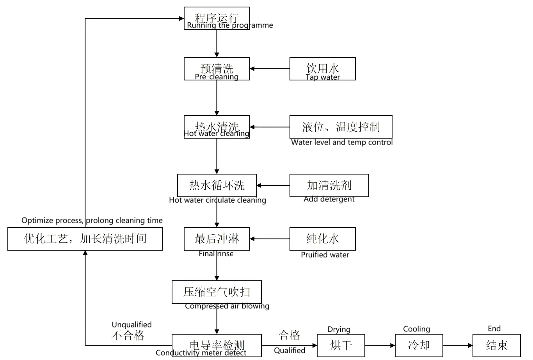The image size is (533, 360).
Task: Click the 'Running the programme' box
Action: click(217, 18)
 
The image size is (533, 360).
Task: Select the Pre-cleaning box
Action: click(217, 69)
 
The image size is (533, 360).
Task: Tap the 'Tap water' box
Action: click(322, 69)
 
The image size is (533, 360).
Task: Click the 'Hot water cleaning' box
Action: click(217, 127)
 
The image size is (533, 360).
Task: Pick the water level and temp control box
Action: click(341, 127)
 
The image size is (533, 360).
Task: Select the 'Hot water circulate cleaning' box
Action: click(217, 185)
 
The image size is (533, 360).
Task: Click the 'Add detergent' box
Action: click(329, 185)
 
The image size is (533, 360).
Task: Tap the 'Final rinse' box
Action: click(217, 239)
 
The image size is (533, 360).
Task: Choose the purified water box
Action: click(322, 239)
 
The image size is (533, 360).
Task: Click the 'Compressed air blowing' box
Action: click(217, 292)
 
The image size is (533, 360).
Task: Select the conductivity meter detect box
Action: click(217, 345)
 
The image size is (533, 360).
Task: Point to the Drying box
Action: click(341, 345)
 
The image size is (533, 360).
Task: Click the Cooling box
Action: click(419, 345)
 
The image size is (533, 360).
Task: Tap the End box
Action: click(496, 345)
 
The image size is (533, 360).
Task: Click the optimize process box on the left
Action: click(85, 239)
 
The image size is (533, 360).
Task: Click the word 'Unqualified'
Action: click(131, 324)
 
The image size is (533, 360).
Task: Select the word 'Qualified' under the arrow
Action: click(289, 350)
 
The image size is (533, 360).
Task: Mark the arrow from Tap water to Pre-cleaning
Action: click(270, 69)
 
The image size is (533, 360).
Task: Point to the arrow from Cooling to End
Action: click(458, 345)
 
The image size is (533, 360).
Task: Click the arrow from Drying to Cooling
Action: click(380, 345)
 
